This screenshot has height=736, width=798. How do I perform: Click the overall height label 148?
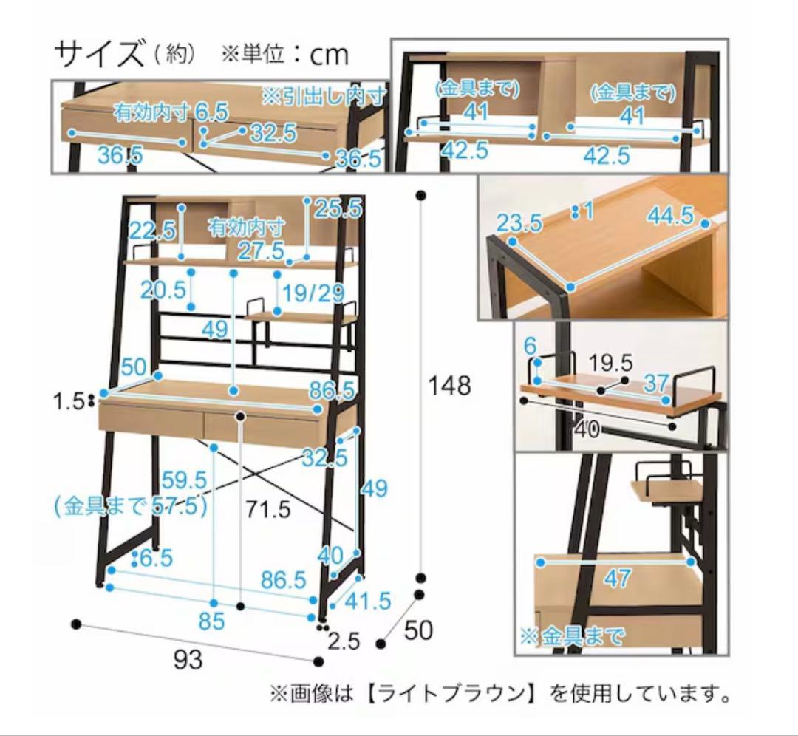point(449,386)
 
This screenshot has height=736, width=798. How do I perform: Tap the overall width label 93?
point(188,660)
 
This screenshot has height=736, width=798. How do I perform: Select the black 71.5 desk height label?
point(267,508)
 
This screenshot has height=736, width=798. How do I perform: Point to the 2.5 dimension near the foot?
point(344,641)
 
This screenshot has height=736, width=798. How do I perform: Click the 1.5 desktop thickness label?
point(68,402)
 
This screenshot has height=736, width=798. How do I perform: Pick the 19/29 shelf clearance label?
point(313,293)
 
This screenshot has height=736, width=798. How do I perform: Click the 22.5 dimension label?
point(151,231)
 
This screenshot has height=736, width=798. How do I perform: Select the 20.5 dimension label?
point(163,290)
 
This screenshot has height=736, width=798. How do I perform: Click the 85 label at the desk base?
point(212,621)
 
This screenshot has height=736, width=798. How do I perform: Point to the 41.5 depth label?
point(367,601)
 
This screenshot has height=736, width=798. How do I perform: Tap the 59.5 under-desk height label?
point(184,480)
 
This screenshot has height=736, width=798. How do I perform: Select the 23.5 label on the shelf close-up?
point(519,223)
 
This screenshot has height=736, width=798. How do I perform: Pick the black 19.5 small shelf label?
point(610,364)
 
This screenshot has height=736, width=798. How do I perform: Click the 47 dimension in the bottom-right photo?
point(618,578)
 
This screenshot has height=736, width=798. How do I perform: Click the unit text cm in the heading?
point(329,55)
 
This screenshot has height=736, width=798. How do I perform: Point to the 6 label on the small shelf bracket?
point(531,347)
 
